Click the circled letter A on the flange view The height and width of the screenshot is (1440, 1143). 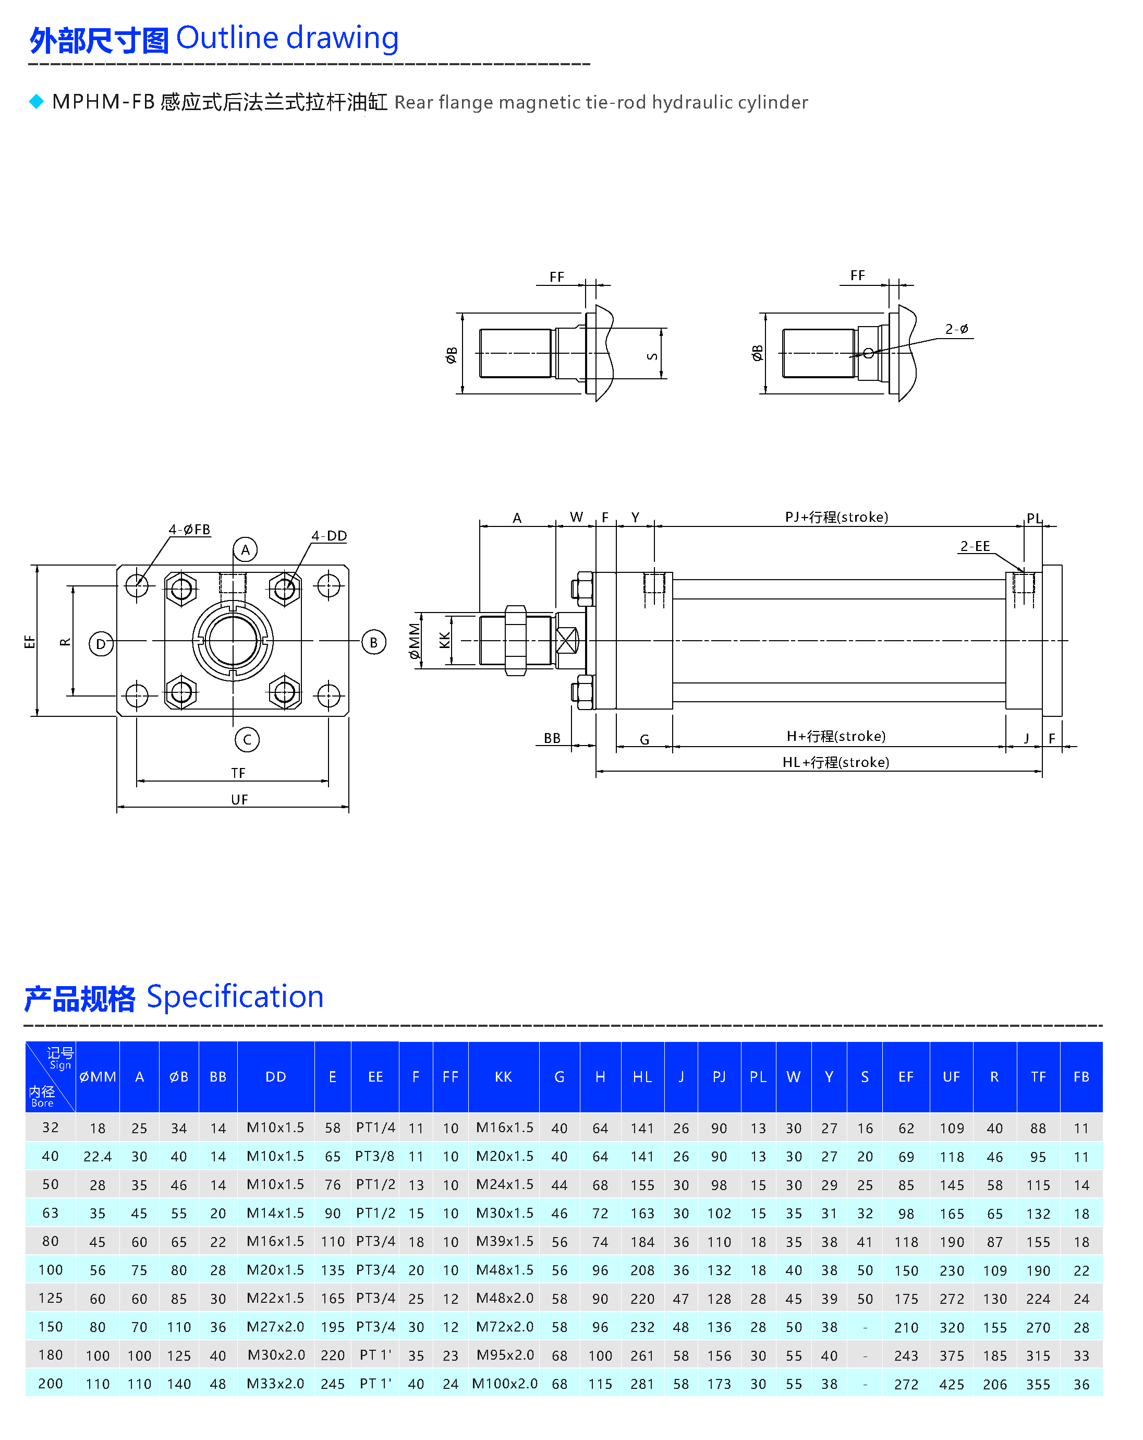pos(245,550)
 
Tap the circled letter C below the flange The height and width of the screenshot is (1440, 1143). pos(247,739)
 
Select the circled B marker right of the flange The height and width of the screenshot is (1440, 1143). pos(373,643)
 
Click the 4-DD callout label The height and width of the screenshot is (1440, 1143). pos(329,536)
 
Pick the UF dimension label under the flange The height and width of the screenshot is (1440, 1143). pos(239,799)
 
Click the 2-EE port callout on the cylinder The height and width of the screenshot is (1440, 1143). pos(975,546)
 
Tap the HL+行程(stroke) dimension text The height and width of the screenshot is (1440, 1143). pos(835,762)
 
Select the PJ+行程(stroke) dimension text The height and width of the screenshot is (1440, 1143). pos(836,517)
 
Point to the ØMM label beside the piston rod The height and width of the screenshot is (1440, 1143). pos(415,641)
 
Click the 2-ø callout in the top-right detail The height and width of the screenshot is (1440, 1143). pos(956,329)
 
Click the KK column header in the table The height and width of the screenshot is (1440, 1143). pos(503,1077)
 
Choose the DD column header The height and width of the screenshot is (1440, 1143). pos(276,1077)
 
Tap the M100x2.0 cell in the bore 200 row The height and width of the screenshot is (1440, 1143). pos(504,1383)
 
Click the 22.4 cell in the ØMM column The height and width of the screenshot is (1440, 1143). pos(98,1156)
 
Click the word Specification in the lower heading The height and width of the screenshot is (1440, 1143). pos(235,997)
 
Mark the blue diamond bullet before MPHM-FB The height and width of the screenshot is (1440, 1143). pos(36,102)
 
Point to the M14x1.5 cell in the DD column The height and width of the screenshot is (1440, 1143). pos(275,1213)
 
